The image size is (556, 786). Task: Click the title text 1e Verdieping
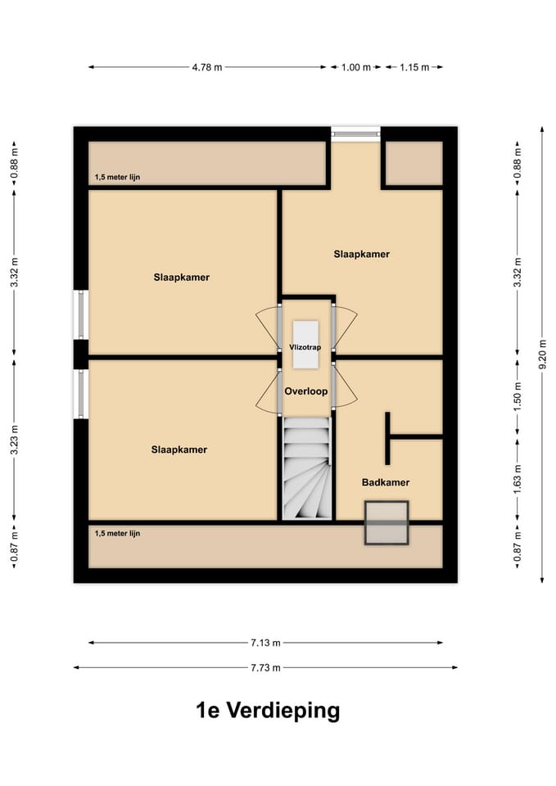click(268, 710)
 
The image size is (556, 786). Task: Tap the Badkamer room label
click(385, 483)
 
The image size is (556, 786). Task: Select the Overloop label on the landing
click(305, 391)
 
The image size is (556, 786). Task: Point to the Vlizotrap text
click(305, 347)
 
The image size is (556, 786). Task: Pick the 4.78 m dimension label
click(207, 67)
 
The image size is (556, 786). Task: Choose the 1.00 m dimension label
click(356, 67)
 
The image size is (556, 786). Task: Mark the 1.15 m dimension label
click(414, 67)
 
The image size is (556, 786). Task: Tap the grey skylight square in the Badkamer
click(386, 522)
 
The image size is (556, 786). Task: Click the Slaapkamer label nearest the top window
click(361, 254)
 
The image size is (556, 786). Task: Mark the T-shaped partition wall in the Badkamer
click(390, 437)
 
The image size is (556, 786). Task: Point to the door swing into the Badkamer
click(346, 392)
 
